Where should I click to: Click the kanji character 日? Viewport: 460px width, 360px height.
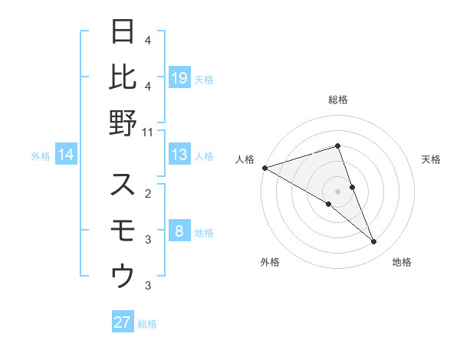click(123, 32)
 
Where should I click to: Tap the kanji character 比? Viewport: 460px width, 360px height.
click(123, 77)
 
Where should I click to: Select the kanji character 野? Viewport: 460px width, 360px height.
click(123, 123)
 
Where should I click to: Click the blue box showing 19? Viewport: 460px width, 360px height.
click(179, 77)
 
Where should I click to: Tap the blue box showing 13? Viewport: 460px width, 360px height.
click(179, 155)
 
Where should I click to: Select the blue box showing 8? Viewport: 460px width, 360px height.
click(179, 232)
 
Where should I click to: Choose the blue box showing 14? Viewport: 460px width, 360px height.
click(66, 155)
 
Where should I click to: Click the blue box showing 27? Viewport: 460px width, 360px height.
click(123, 322)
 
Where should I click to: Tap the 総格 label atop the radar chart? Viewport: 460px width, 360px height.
click(338, 100)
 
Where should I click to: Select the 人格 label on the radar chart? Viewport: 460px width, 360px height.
click(245, 159)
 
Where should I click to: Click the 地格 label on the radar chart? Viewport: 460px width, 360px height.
click(402, 262)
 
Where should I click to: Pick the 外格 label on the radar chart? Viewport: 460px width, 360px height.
click(270, 262)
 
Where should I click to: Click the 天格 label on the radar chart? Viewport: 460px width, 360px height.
click(432, 159)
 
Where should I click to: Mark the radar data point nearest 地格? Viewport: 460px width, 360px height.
click(374, 242)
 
